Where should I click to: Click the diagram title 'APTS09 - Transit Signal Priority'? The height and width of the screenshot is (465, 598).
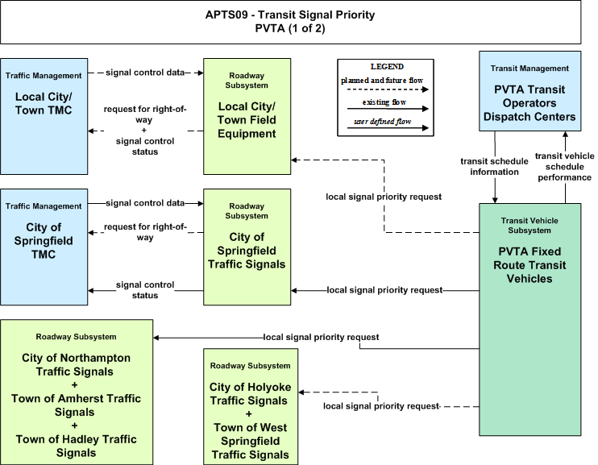290,15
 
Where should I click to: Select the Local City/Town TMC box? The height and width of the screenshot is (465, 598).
44,116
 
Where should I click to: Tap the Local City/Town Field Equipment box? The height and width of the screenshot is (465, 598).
247,116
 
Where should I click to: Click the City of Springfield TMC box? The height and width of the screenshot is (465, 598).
44,247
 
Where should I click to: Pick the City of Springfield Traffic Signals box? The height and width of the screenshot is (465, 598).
247,247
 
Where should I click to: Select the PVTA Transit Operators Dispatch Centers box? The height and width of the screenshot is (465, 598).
529,91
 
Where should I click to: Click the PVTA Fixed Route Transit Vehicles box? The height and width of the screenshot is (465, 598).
529,319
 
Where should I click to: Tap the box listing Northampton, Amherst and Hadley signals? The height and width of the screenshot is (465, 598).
77,392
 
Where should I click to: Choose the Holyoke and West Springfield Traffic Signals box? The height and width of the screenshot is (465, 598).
250,407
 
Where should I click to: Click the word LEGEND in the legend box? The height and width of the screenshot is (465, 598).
387,67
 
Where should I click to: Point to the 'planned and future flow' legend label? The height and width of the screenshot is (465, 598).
382,81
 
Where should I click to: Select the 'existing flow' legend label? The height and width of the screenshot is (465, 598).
384,102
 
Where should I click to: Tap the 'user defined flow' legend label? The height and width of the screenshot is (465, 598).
382,122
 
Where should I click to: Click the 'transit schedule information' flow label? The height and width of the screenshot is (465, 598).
494,167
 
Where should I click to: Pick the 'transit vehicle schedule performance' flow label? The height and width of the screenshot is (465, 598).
564,167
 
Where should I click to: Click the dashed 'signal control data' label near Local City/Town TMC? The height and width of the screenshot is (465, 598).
145,73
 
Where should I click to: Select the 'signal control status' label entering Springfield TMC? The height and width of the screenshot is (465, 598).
145,290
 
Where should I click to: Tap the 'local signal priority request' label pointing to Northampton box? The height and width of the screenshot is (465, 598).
321,337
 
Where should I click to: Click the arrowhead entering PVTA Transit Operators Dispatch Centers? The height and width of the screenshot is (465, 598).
565,135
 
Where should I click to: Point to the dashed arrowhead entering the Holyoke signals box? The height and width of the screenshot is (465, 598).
301,392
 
